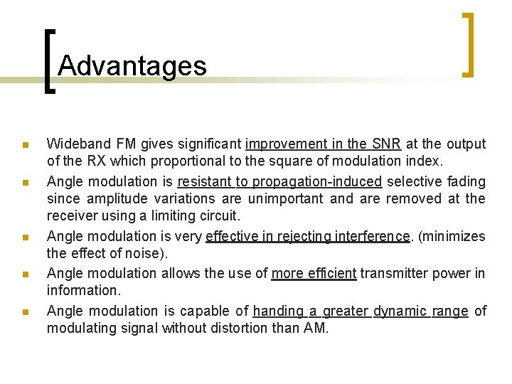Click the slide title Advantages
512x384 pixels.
point(132,66)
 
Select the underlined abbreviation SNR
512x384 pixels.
point(386,144)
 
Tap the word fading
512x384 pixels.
point(466,181)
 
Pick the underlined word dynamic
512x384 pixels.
point(400,311)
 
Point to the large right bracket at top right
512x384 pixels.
point(469,44)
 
